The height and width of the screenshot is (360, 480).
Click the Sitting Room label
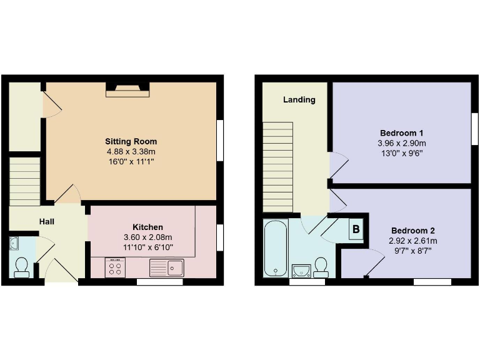click(x=131, y=141)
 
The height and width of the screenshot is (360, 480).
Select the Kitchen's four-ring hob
click(x=115, y=268)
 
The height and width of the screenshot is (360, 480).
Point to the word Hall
click(x=47, y=222)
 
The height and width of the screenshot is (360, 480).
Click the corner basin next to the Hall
click(x=14, y=244)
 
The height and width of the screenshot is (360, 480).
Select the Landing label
click(x=299, y=99)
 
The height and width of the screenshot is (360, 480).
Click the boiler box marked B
click(x=356, y=229)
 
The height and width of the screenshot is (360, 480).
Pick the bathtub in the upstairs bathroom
click(x=275, y=248)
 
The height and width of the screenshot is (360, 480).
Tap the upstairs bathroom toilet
click(x=322, y=267)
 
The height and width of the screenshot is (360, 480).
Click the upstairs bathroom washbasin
click(x=302, y=270)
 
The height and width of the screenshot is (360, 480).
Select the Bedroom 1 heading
click(x=402, y=133)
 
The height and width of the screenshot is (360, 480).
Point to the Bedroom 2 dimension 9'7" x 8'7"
click(x=412, y=251)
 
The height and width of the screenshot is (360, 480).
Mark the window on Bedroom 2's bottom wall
click(x=432, y=282)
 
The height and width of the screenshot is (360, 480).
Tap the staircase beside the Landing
click(x=277, y=166)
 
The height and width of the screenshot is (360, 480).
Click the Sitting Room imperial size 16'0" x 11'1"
click(x=131, y=161)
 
